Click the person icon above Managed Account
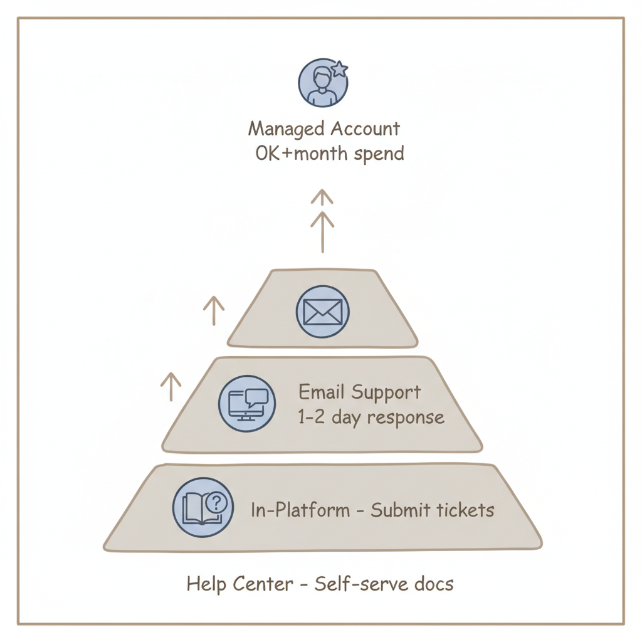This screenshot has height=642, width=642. coord(321,83)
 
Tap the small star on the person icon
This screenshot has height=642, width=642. coord(339,69)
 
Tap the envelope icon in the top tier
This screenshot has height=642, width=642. coord(322,312)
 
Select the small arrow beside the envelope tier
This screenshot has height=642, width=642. coord(214,310)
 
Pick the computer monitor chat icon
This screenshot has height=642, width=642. coord(246,404)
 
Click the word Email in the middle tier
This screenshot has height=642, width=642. coord(322,393)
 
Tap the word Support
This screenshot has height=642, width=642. coord(386,393)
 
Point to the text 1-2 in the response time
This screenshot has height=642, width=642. coord(311,418)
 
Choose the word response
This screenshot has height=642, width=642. coord(408,418)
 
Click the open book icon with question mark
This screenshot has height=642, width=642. coord(203,507)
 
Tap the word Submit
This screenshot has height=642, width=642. coord(394,510)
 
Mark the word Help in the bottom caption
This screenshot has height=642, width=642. coord(206,584)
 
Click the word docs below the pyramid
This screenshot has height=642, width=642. coord(434,584)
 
